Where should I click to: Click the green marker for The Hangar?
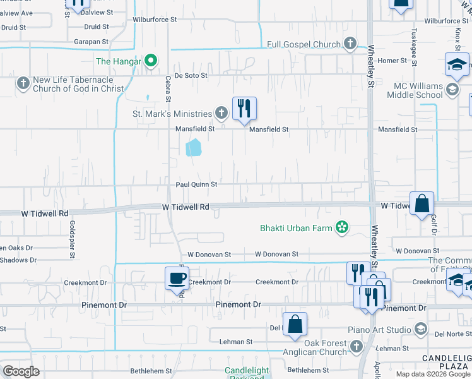pos(150,61)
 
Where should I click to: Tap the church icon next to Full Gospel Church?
pos(351,44)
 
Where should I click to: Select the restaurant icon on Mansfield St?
pos(244,109)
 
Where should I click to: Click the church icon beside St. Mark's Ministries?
pos(221,114)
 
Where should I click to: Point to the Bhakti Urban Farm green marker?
pos(341,227)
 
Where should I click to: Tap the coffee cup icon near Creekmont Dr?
pos(176,278)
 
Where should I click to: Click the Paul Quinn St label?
pos(196,184)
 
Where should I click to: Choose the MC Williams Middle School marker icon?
pos(452,90)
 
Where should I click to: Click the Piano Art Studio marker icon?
pos(420,329)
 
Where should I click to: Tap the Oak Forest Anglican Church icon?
pos(356,346)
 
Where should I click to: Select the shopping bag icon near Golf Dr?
pos(422,203)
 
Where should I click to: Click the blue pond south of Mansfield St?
pos(194,148)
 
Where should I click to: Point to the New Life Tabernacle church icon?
pos(23,83)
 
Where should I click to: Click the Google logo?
pos(21,371)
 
